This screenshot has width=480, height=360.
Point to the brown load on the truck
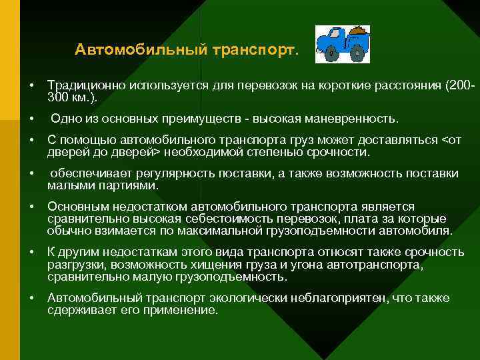coord(359,31)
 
